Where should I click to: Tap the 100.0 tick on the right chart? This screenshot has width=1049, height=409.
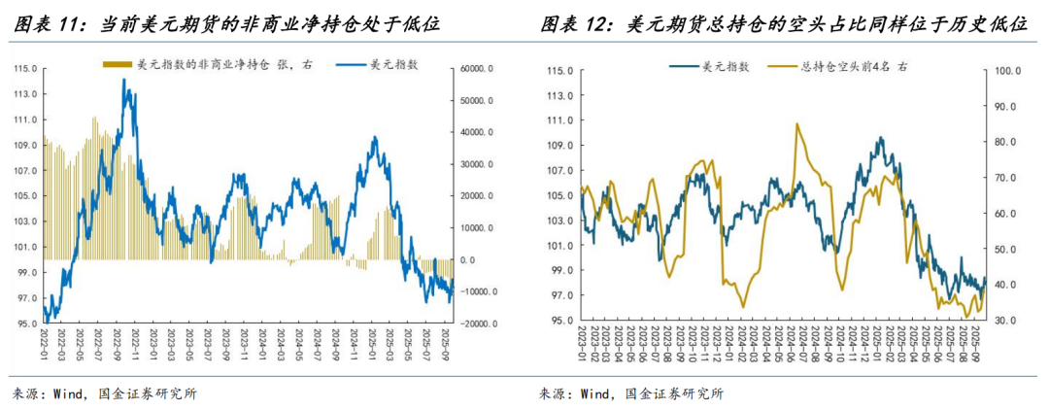[1003, 71]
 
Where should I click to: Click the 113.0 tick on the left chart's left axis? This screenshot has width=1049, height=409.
[25, 94]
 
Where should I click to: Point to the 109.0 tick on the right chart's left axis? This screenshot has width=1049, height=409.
[558, 146]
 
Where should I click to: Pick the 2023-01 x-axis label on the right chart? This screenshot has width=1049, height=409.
[583, 345]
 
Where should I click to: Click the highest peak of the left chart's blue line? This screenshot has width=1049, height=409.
[124, 80]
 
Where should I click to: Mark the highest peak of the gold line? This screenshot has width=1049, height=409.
[796, 123]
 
